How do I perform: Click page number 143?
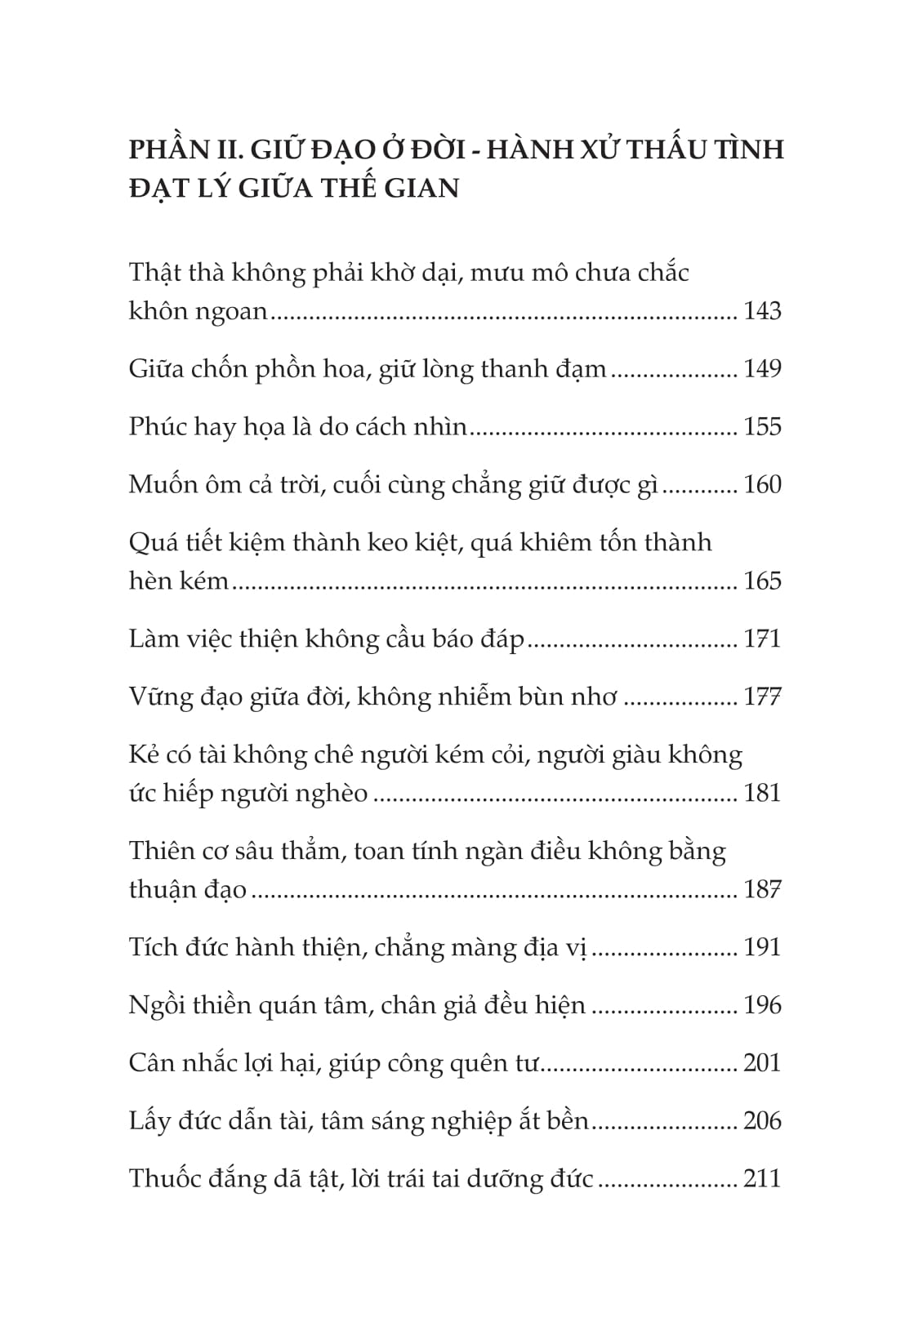(x=762, y=311)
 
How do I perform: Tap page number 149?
(x=762, y=369)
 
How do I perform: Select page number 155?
(x=762, y=427)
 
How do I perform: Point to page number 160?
(x=762, y=485)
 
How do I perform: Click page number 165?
(x=762, y=581)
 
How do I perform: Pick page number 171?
(x=762, y=639)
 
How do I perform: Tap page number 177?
(x=762, y=696)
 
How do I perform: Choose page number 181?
(x=762, y=793)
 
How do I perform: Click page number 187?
(x=762, y=889)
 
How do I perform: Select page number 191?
(x=762, y=947)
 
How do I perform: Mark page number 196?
(x=762, y=1005)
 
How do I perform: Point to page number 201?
(x=762, y=1063)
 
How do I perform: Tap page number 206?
(x=762, y=1121)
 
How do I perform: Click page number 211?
(x=762, y=1179)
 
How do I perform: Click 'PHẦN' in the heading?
(x=168, y=150)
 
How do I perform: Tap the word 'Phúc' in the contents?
(x=158, y=427)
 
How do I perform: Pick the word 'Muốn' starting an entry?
(x=161, y=485)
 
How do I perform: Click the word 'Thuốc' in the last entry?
(x=166, y=1179)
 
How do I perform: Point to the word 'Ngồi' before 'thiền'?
(x=157, y=1005)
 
